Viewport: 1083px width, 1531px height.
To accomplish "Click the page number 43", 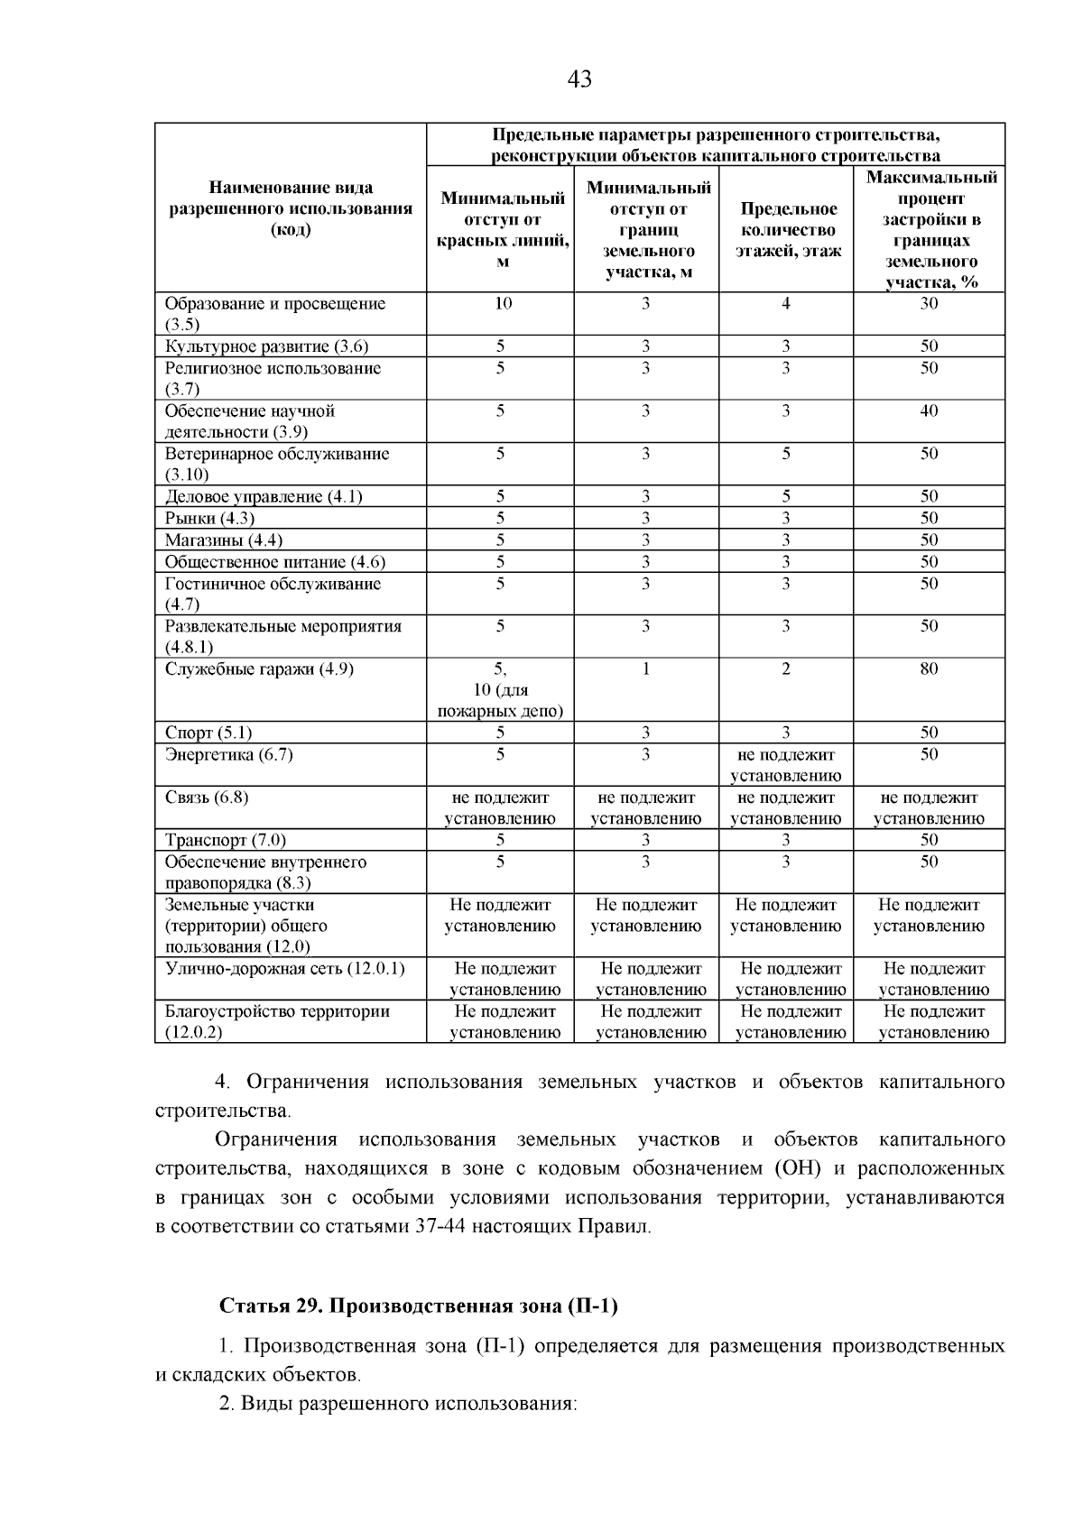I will (x=579, y=79).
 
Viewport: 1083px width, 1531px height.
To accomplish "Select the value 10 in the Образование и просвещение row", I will (x=503, y=304).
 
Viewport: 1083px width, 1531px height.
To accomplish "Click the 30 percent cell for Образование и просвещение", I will (x=929, y=304).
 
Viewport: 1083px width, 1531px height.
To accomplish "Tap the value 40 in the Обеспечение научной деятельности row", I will (x=929, y=411).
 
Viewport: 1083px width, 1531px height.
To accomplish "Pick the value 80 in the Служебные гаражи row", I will (x=929, y=669).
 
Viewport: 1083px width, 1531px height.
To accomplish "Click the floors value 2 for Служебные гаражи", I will (x=786, y=669).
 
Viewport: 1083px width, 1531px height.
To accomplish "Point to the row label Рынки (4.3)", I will (x=209, y=519).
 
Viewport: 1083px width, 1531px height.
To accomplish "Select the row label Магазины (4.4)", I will (x=224, y=540).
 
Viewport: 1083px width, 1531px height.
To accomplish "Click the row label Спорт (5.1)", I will (x=208, y=733).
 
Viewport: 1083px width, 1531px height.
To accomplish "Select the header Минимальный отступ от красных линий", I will (x=503, y=230).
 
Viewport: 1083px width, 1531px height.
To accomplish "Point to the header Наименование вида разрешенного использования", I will (x=291, y=208).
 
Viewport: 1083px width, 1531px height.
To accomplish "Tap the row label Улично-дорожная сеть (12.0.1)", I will (x=285, y=969).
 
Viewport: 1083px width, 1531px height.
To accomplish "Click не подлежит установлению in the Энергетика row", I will (x=786, y=765).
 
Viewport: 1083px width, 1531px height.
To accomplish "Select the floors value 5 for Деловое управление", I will (x=786, y=497).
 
